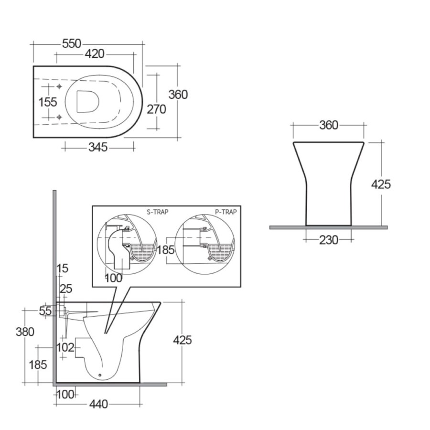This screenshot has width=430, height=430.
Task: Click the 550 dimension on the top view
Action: pos(71,43)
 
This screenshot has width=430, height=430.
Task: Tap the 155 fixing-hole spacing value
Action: pos(48,102)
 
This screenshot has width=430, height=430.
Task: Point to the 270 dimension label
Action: pos(156,109)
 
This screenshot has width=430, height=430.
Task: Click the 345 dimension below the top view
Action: pos(97,148)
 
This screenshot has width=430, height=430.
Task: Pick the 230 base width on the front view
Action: pos(328,240)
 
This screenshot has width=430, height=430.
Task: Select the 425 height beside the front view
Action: pos(381,184)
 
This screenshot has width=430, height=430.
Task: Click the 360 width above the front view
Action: pos(328,125)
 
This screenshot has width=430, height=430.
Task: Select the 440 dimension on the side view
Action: pos(98,404)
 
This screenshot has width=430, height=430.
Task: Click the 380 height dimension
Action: pos(25,331)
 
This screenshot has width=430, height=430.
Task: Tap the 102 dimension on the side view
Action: pos(66,347)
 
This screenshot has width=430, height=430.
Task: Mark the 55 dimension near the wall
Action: pos(45,311)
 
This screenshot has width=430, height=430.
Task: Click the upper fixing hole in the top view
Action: pos(59,86)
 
